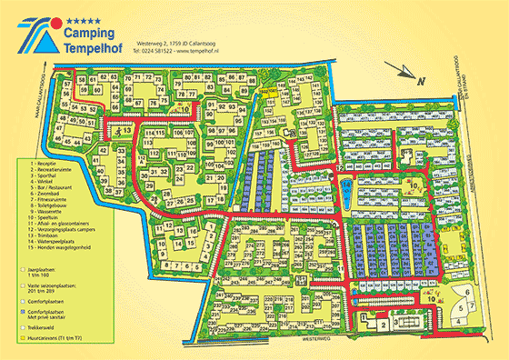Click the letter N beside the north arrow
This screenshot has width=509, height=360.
[419, 82]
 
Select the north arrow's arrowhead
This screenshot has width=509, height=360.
[390, 65]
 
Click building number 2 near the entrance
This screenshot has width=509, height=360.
[384, 325]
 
